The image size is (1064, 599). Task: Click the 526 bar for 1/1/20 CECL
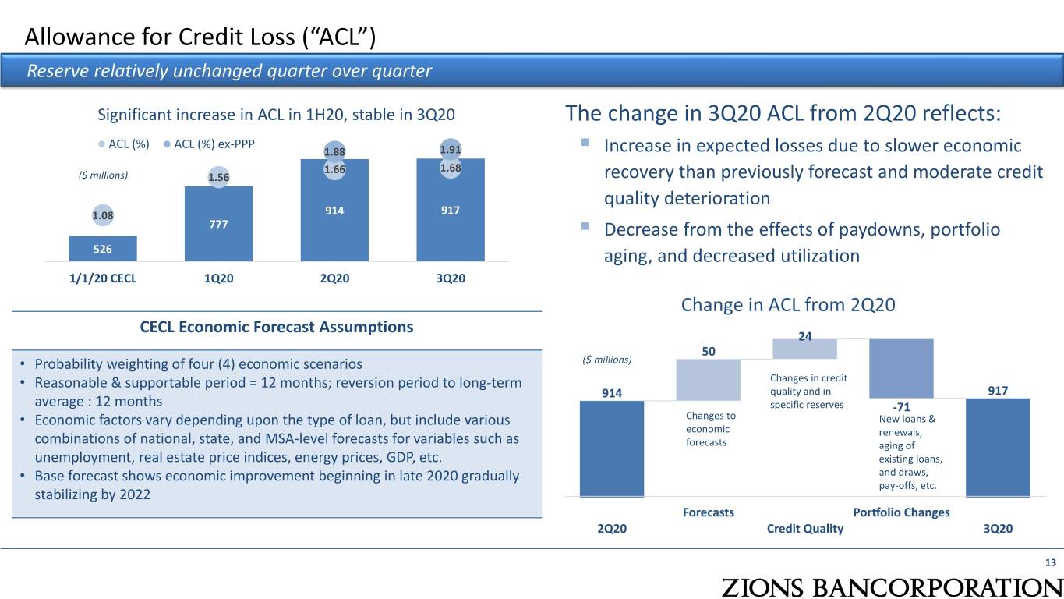[x=103, y=249]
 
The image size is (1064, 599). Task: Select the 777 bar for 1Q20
[x=218, y=223]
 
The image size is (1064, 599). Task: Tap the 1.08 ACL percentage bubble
[x=103, y=215]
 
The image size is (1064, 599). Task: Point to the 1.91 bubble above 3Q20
[x=451, y=149]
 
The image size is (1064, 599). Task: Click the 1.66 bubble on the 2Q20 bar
[x=334, y=169]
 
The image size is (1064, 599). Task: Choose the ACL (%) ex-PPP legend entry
[x=209, y=144]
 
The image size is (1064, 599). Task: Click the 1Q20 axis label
[x=218, y=278]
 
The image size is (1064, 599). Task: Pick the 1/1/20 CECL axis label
[x=103, y=278]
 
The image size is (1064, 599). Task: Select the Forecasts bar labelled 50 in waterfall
[x=709, y=379]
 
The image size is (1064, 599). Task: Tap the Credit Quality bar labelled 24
[x=804, y=349]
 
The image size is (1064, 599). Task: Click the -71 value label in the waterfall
[x=901, y=407]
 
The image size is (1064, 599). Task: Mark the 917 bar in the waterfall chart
[x=998, y=448]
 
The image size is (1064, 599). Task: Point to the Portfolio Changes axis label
[x=901, y=512]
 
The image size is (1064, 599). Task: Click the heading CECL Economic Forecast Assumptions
[x=277, y=327]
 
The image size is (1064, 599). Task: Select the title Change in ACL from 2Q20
[x=788, y=305]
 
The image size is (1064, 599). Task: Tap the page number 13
[x=1050, y=562]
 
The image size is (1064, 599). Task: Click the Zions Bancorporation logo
[x=892, y=587]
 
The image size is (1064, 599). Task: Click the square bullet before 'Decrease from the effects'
[x=585, y=226]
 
